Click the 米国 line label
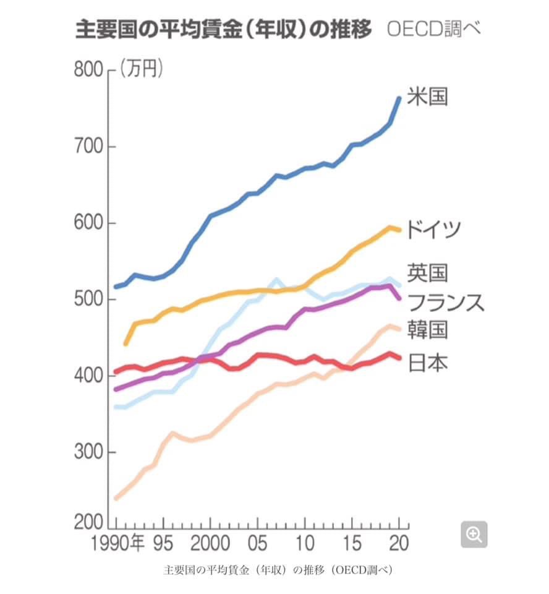tap(427, 97)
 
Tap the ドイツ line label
tap(434, 230)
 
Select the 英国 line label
tap(427, 273)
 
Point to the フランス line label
tap(446, 303)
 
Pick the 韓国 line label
tap(427, 330)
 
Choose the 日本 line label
tap(427, 363)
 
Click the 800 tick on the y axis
tap(88, 70)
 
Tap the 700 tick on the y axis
tap(88, 147)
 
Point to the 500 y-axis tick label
tap(88, 300)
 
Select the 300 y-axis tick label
tap(88, 452)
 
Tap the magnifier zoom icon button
tap(474, 535)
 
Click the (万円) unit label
tap(142, 69)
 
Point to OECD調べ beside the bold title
tap(433, 29)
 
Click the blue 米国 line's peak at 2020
tap(399, 98)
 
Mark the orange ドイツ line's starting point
tap(126, 343)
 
